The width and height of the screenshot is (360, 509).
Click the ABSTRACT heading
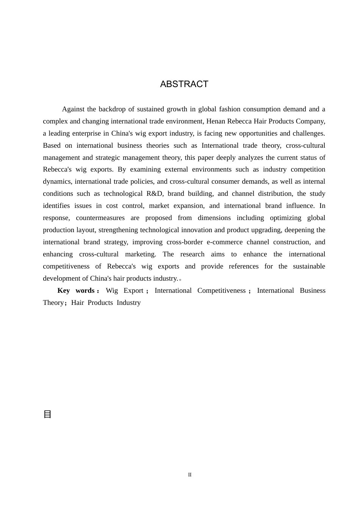pos(184,84)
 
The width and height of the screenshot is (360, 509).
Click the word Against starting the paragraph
pos(73,109)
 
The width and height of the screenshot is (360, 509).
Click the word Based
pos(52,145)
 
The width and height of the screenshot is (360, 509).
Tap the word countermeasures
pos(100,218)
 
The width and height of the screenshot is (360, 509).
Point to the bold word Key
pos(64,290)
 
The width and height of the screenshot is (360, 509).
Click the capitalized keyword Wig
pos(112,290)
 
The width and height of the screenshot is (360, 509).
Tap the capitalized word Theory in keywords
pos(53,303)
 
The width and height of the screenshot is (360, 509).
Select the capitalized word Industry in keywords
pos(128,303)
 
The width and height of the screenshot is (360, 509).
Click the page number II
pos(190,475)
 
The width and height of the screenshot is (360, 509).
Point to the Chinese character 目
pos(47,414)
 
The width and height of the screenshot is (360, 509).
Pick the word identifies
pos(56,206)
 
